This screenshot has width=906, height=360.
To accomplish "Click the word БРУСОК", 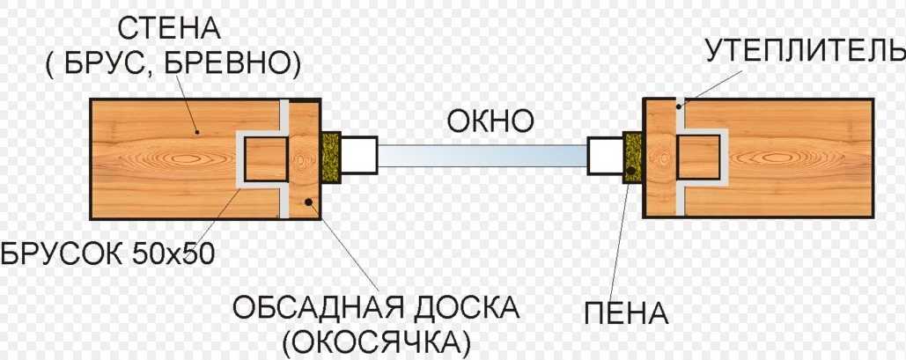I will [63, 255].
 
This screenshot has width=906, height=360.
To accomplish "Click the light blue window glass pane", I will [482, 156].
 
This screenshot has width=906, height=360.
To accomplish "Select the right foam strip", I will [632, 157].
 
